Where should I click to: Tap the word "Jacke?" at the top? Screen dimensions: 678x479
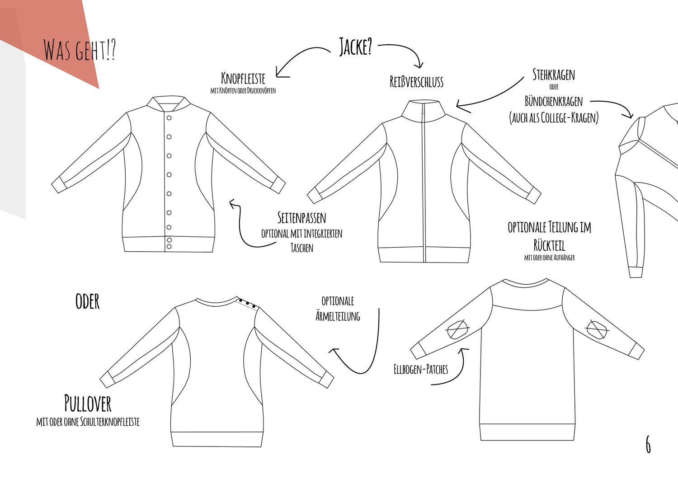[x=355, y=47]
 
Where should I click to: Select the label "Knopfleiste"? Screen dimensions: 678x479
[x=243, y=78]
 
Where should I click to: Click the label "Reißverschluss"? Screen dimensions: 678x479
[x=416, y=82]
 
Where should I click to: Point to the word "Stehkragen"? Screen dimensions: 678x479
[x=554, y=75]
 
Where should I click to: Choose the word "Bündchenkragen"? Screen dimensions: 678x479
[x=554, y=101]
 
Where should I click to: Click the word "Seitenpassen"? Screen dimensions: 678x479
[x=302, y=217]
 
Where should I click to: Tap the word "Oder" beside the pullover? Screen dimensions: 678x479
[x=88, y=301]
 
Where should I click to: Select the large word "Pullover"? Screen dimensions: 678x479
[x=88, y=403]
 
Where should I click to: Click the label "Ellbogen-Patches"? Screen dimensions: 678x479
[x=421, y=369]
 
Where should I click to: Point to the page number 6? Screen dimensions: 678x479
[x=648, y=445]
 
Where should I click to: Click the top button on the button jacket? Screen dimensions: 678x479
[x=169, y=118]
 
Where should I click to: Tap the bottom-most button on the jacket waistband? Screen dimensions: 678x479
[x=169, y=247]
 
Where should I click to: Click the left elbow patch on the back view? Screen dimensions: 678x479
[x=457, y=329]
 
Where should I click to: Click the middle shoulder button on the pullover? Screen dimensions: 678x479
[x=247, y=303]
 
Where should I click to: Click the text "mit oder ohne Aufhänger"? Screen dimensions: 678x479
[x=549, y=258]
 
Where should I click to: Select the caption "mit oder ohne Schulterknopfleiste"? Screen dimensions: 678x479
[x=88, y=422]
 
